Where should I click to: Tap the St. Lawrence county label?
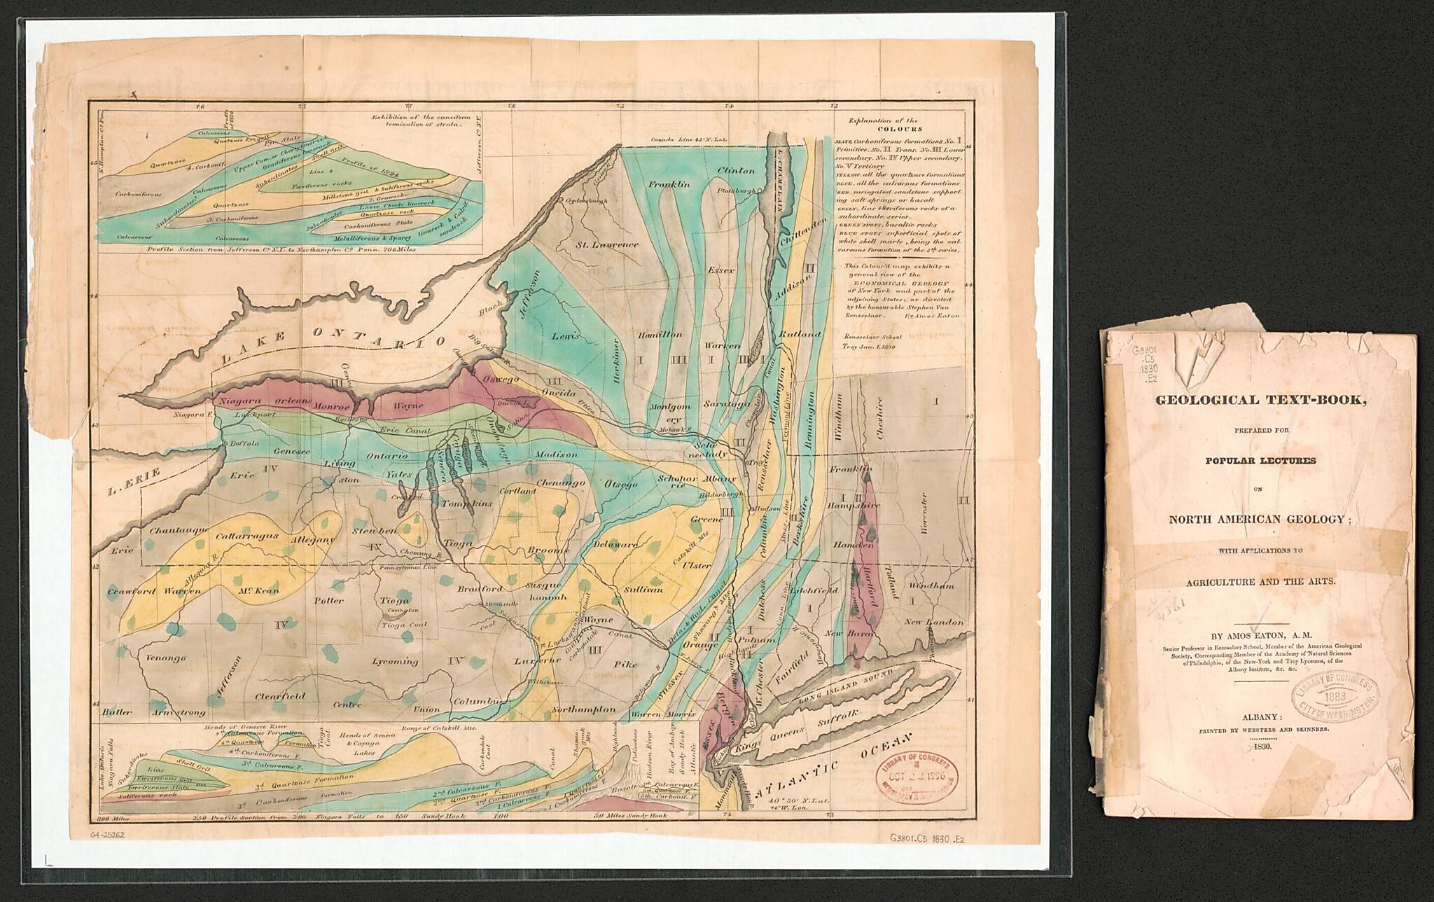[607, 244]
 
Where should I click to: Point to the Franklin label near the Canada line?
[669, 184]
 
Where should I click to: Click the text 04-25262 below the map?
[110, 835]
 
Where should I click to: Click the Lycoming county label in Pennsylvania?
[395, 661]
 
